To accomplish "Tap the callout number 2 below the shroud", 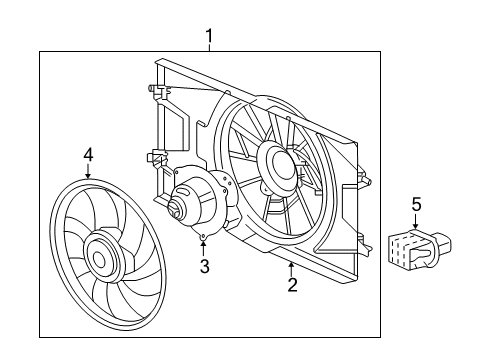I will (292, 286).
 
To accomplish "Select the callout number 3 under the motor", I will (203, 266).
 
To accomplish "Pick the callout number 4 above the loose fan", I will (88, 154).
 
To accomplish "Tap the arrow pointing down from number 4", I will (88, 172).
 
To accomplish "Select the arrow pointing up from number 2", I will (291, 268).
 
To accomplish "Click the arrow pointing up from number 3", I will (203, 248).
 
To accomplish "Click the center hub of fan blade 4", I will (99, 257).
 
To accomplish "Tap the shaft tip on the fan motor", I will (174, 211).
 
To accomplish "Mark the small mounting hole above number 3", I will (203, 238).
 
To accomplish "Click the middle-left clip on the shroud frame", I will (156, 156).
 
